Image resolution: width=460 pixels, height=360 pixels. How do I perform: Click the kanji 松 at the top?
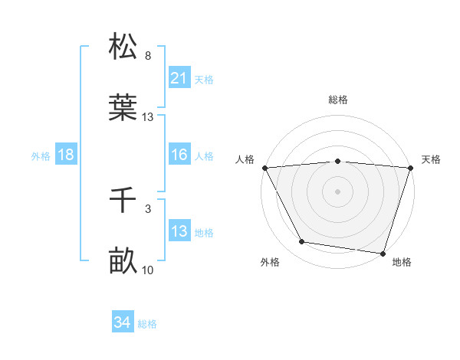(123, 45)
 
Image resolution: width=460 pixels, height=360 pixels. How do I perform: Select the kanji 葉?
(123, 107)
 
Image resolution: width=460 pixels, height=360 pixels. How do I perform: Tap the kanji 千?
(123, 201)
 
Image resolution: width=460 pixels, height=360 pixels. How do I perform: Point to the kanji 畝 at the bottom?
(123, 261)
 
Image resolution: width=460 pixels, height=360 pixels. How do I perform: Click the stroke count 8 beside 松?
(148, 56)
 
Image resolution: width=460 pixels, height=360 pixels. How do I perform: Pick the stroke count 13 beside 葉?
(148, 117)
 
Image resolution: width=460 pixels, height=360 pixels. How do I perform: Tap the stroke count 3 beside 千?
(148, 209)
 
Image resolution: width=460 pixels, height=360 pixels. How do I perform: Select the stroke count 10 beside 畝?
(148, 270)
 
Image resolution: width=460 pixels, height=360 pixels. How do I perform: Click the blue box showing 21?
(179, 78)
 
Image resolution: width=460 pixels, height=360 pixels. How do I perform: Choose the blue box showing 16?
(179, 155)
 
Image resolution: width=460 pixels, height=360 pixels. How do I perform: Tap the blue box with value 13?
(179, 231)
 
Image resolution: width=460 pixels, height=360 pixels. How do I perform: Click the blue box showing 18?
(66, 155)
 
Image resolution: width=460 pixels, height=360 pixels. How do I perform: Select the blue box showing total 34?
(123, 323)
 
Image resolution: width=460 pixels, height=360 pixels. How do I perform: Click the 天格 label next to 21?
(204, 79)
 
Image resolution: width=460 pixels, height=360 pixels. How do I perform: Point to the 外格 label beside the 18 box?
(41, 156)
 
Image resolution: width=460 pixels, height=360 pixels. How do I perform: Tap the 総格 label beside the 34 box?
(147, 324)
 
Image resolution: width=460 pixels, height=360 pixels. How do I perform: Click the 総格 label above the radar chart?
(337, 100)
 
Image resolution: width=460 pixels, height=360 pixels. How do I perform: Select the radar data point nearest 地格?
(382, 253)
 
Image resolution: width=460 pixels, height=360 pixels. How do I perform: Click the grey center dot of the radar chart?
(337, 191)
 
